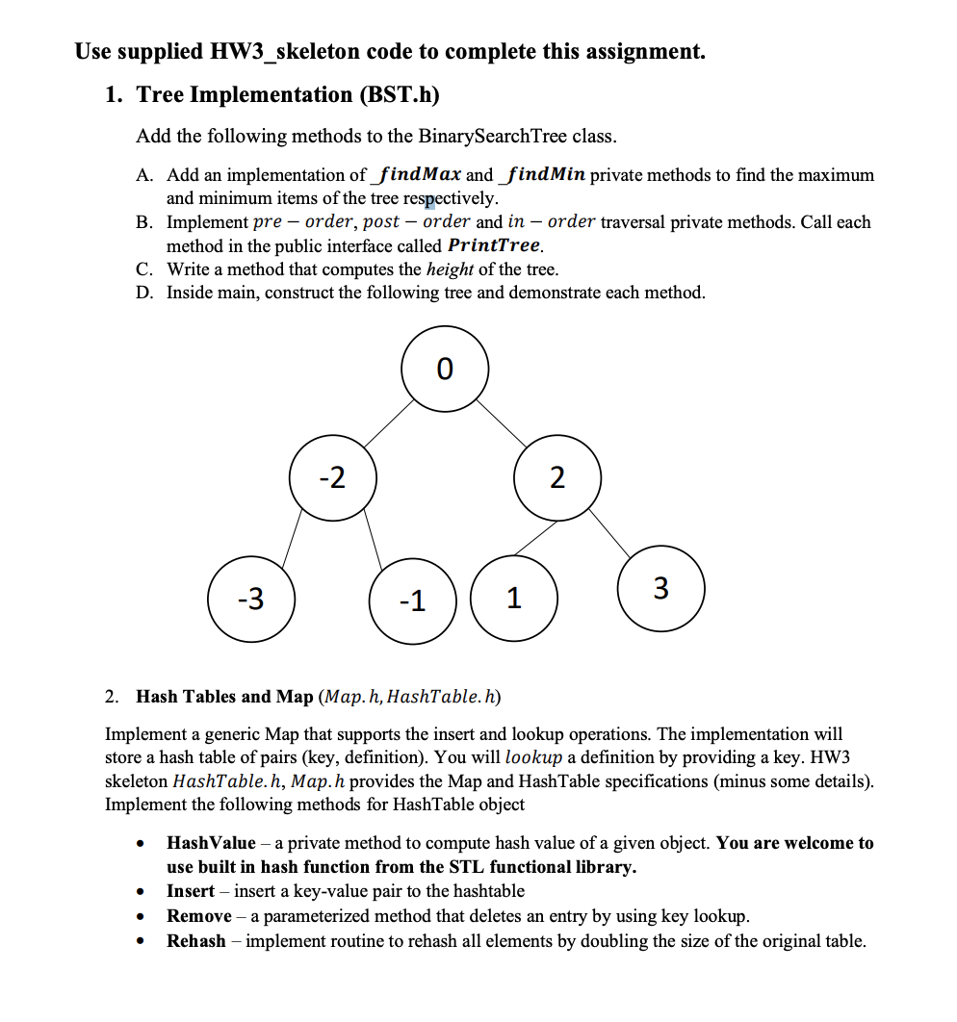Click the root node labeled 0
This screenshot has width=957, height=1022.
(445, 369)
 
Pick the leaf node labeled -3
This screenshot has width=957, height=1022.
(251, 599)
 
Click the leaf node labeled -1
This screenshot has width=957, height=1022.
(412, 601)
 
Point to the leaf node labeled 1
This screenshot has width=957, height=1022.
(514, 599)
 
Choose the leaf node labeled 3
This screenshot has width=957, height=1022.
(661, 587)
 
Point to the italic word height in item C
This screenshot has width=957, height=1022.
(450, 269)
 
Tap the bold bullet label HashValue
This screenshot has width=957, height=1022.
(211, 843)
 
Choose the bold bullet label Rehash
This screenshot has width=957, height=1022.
(195, 941)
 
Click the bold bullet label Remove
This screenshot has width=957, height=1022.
(198, 916)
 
